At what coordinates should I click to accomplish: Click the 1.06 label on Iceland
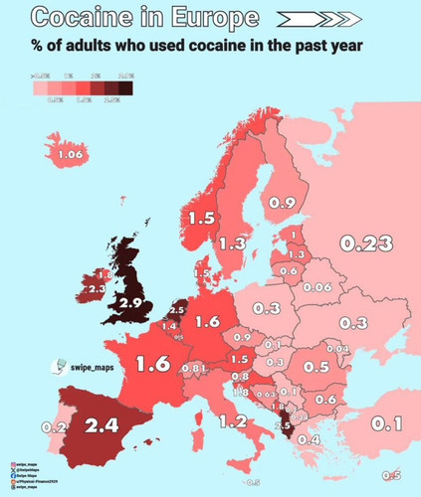[x=69, y=156]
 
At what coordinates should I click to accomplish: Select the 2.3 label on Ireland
[x=98, y=288]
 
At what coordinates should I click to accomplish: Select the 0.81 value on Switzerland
[x=194, y=370]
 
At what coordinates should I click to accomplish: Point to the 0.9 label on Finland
[x=282, y=203]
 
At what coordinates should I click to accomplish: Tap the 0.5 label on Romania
[x=316, y=367]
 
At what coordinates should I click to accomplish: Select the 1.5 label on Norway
[x=202, y=219]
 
